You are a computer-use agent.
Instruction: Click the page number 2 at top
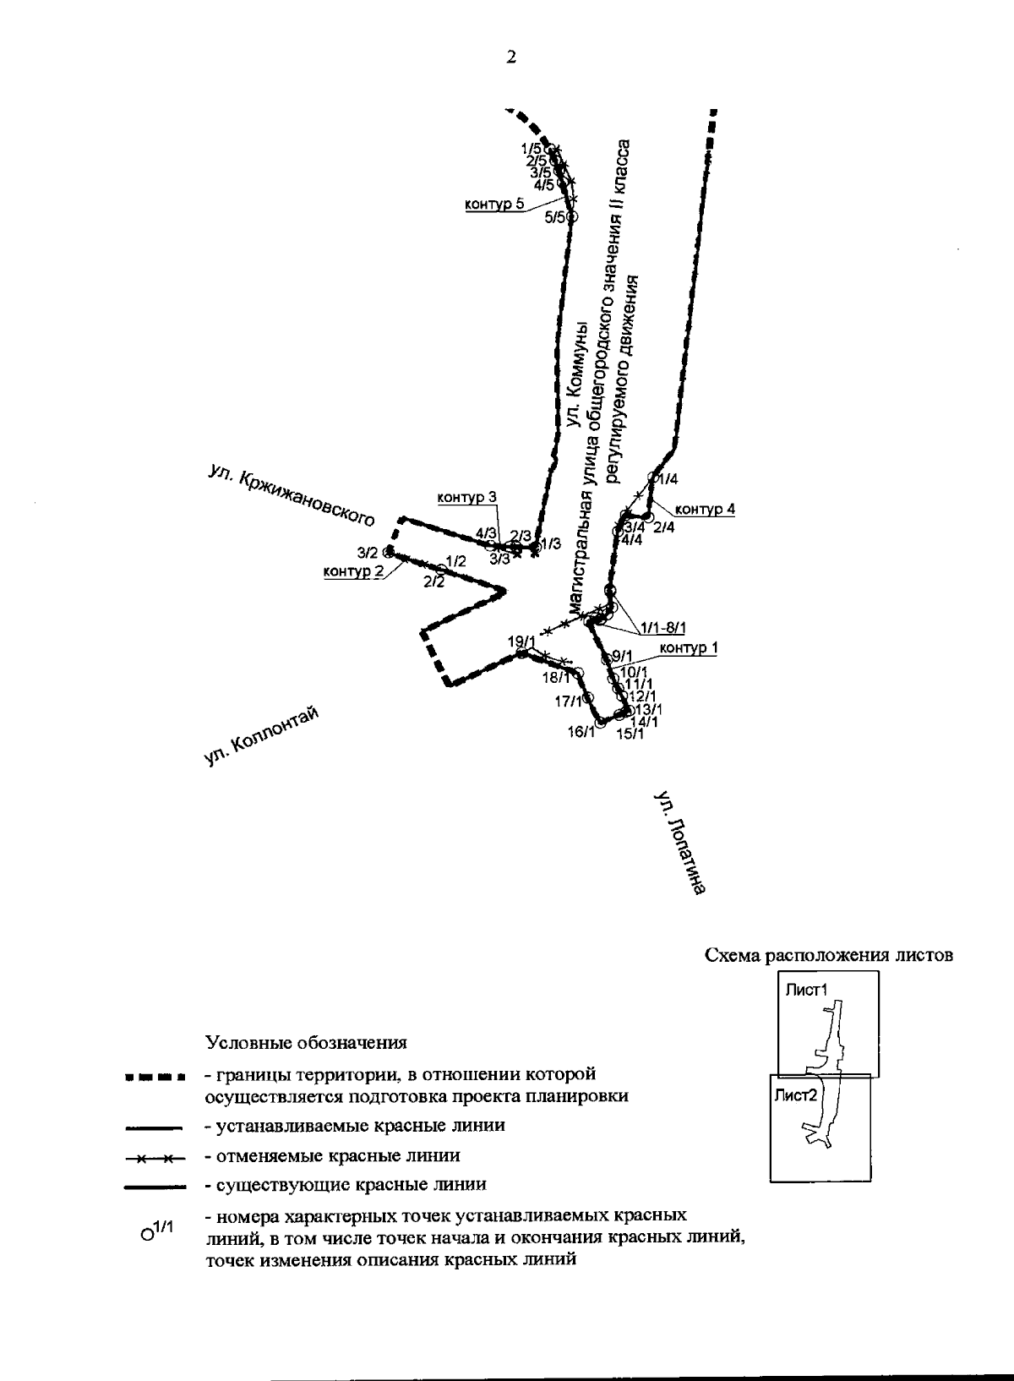coord(510,57)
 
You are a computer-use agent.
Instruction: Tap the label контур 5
coord(494,204)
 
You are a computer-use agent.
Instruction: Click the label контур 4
coord(705,509)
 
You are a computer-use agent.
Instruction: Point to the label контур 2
coord(353,571)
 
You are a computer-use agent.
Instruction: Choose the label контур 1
coord(688,648)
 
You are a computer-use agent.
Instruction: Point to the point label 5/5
coord(555,217)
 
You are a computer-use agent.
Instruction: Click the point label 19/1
coord(521,641)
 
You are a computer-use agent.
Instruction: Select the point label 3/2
coord(368,553)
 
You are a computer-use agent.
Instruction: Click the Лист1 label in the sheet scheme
coord(804,990)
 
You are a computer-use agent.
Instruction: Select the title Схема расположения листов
coord(829,956)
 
